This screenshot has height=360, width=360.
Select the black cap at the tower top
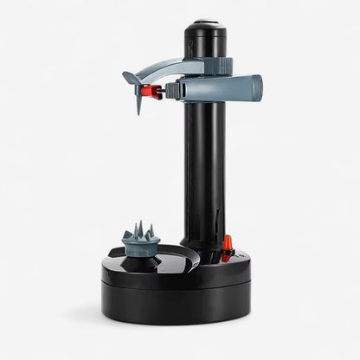click(x=205, y=30)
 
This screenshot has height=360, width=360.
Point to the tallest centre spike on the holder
click(x=139, y=228)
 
